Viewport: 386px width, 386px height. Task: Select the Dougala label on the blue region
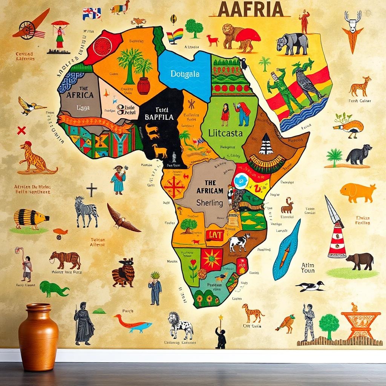tap(185, 74)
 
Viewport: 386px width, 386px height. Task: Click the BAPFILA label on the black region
tap(159, 117)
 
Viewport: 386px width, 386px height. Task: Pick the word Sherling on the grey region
tap(210, 203)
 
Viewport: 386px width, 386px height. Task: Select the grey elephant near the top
tap(292, 43)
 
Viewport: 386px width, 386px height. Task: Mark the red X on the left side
tap(21, 131)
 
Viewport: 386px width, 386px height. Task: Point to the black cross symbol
tap(91, 190)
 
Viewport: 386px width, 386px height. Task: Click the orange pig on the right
tap(358, 192)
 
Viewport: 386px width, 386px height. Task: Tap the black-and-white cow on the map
tap(239, 242)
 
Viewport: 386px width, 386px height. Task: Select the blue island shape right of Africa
tap(287, 250)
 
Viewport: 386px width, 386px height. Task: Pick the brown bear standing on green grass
tap(360, 261)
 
